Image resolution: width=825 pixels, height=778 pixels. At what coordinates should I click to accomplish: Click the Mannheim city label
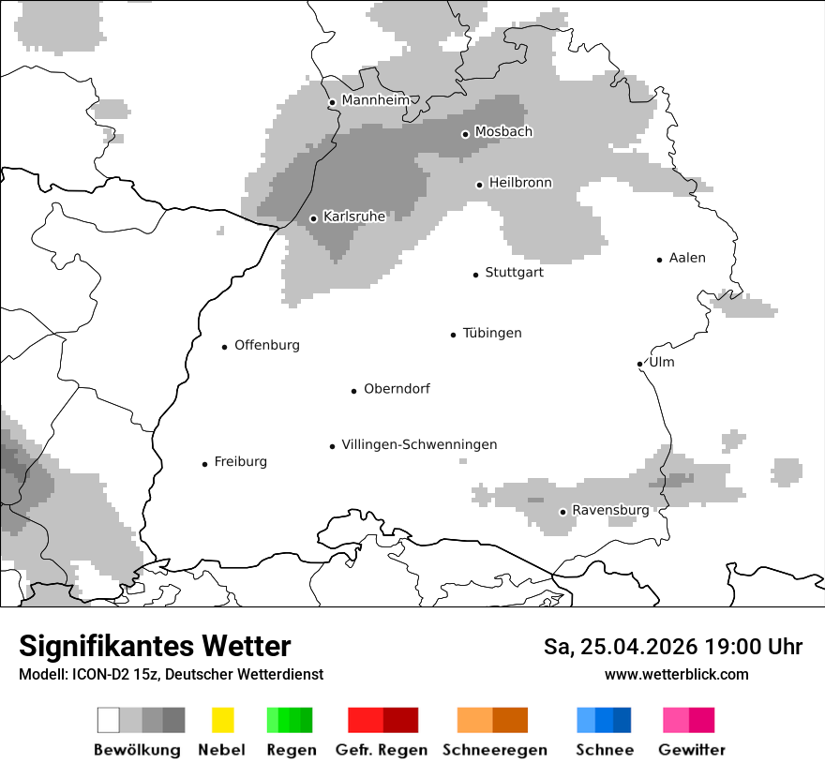tap(375, 100)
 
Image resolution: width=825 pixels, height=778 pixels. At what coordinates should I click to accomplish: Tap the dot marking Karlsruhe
tap(314, 218)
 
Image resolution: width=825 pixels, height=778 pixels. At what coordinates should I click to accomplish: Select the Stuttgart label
tap(514, 273)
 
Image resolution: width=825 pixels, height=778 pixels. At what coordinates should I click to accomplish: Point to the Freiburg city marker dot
tap(204, 464)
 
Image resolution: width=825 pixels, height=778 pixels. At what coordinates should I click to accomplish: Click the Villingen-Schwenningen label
tap(419, 445)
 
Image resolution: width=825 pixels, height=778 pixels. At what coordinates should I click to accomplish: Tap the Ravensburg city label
tap(610, 511)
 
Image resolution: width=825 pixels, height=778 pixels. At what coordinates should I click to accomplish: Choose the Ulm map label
tap(661, 363)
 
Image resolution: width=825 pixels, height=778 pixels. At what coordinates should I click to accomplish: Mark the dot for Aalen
tap(660, 260)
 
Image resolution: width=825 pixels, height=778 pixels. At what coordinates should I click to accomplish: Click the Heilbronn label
tap(520, 183)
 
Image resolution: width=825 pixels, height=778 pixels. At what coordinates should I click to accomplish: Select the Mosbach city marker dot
tap(465, 134)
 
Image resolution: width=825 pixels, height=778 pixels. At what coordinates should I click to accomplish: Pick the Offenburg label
tap(267, 345)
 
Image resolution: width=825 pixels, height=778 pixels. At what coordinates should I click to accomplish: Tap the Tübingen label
tap(492, 334)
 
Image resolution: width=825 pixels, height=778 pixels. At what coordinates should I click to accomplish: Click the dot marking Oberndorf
tap(353, 391)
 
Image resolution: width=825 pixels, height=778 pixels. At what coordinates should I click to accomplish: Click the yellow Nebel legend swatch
tap(222, 720)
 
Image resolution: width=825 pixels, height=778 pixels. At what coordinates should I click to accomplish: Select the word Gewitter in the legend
tap(692, 750)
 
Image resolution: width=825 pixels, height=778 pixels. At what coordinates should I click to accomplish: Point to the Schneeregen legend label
tap(495, 750)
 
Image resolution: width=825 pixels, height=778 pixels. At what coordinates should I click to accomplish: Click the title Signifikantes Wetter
tap(155, 646)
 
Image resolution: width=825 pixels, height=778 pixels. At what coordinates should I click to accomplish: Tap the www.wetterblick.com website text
tap(676, 674)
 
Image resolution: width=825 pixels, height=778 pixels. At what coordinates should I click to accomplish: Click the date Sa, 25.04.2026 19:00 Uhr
tap(672, 647)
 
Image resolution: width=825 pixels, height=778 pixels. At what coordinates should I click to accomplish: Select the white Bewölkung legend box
tap(109, 720)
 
